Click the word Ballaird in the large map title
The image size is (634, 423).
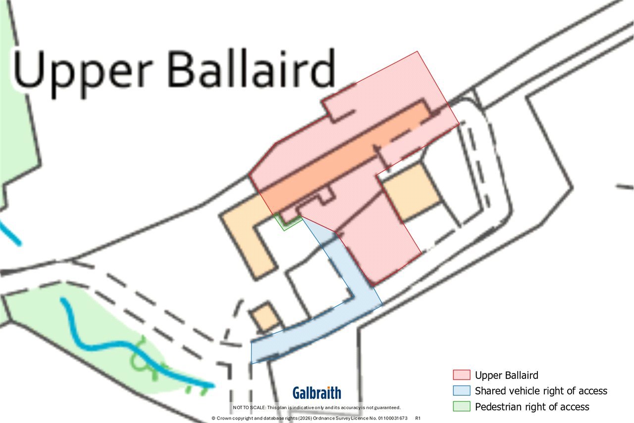251,68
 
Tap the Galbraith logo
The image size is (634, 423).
317,393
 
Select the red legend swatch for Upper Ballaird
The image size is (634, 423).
461,375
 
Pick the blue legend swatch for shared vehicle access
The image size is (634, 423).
461,390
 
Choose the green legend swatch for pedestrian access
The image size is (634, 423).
461,406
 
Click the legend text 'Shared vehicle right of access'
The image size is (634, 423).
541,391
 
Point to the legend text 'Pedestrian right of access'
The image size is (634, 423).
532,407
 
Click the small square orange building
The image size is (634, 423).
266,317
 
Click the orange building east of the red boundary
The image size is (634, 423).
411,192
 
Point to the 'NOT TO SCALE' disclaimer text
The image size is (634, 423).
317,408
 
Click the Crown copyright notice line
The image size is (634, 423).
310,418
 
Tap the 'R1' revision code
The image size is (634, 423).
418,418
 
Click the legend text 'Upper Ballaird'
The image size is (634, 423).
506,375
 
